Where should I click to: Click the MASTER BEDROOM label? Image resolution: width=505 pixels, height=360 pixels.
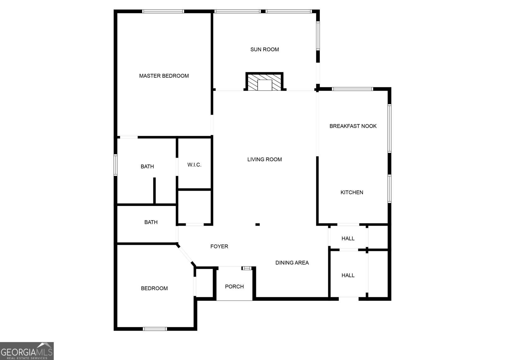164,76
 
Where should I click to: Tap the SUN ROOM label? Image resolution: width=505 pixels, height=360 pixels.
264,50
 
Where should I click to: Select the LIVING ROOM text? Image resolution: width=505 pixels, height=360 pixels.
264,160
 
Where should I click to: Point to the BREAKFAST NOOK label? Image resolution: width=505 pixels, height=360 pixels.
353,126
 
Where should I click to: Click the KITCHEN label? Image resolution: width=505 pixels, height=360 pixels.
352,192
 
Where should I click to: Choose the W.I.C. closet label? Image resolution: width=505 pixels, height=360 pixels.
194,165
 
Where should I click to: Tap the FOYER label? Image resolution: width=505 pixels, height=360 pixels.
219,246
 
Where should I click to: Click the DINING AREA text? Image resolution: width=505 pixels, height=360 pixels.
292,263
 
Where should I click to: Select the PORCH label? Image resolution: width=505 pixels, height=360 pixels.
234,286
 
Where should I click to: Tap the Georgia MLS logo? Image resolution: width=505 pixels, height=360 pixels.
27,351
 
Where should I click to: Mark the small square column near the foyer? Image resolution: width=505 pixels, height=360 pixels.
258,224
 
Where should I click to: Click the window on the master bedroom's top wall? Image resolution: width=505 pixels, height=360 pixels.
163,11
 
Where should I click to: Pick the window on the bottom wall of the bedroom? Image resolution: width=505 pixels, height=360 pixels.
155,329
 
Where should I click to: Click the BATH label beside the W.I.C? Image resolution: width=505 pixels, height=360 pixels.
147,167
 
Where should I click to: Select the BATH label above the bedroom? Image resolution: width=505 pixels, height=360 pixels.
151,222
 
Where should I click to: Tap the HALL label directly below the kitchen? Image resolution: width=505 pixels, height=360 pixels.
348,239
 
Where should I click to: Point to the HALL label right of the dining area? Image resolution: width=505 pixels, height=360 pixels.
348,275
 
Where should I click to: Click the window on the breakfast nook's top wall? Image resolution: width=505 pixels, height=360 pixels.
353,89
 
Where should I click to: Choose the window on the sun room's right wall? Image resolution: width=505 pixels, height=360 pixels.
318,36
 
